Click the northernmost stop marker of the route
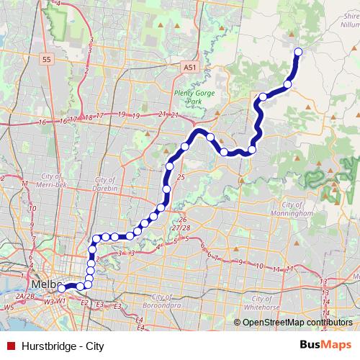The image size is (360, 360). (298, 51)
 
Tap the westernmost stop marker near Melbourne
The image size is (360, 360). (62, 288)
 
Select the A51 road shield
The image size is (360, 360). (189, 67)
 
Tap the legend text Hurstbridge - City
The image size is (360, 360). (64, 346)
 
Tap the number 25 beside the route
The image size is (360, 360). (181, 176)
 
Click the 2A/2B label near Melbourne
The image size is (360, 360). (26, 296)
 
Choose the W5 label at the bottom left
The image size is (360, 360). (9, 307)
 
